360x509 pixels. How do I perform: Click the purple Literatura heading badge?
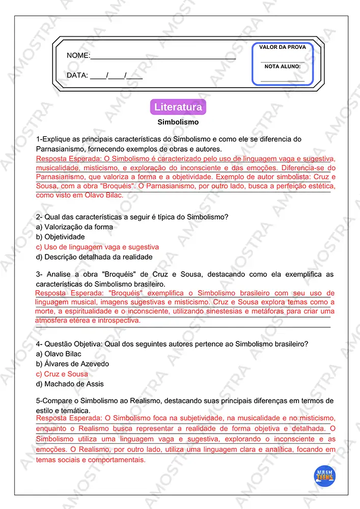coord(178,107)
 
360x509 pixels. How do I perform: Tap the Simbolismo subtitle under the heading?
coord(178,122)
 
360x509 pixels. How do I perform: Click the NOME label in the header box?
coord(78,55)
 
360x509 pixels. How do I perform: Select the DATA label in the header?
coord(77,75)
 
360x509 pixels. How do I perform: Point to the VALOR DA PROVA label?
coord(283,47)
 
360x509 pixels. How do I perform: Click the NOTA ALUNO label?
coord(283,66)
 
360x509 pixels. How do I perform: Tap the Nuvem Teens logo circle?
coord(324,475)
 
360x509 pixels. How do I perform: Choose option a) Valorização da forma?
coord(75,227)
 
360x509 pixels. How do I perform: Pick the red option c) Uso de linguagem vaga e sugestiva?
coord(98,247)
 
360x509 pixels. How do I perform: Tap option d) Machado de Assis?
coord(70,384)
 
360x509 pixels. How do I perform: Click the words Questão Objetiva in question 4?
coord(73,344)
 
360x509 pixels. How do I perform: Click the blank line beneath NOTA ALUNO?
coord(283,80)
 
